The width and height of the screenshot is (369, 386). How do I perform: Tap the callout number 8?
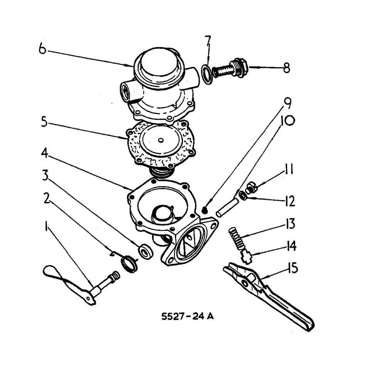(286, 68)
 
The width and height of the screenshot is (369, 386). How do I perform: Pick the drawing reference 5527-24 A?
(188, 317)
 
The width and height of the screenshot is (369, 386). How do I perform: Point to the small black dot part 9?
(205, 210)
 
